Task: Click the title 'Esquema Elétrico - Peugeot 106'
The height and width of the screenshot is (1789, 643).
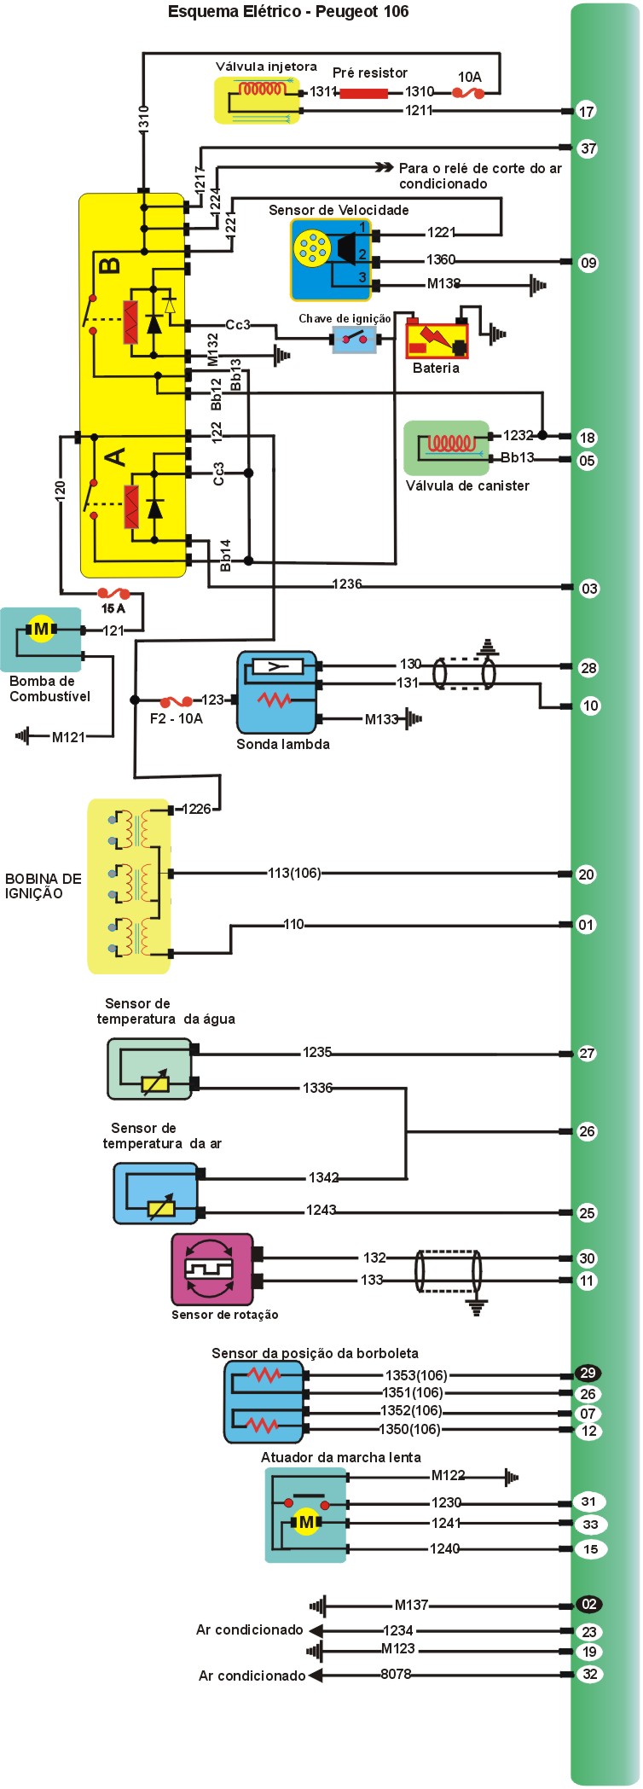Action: pyautogui.click(x=288, y=12)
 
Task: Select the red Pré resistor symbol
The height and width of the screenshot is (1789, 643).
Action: pyautogui.click(x=363, y=92)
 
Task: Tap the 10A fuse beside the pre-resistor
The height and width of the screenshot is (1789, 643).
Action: pyautogui.click(x=467, y=92)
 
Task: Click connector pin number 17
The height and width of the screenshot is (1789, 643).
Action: pyautogui.click(x=587, y=111)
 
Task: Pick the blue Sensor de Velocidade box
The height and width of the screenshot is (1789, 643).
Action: pyautogui.click(x=330, y=260)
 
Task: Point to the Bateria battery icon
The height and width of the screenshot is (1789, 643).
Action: pyautogui.click(x=437, y=339)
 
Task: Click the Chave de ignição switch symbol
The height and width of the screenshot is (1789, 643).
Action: pyautogui.click(x=354, y=340)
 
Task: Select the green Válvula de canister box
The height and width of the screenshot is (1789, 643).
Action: pyautogui.click(x=447, y=448)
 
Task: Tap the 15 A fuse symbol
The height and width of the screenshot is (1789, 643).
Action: pyautogui.click(x=113, y=593)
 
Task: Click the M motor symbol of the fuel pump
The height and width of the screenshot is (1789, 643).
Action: pyautogui.click(x=41, y=630)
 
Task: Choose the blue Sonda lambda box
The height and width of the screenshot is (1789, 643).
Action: pyautogui.click(x=277, y=692)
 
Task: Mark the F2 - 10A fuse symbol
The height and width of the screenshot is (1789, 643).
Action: pyautogui.click(x=177, y=701)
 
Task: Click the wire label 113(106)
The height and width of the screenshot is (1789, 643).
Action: pyautogui.click(x=294, y=873)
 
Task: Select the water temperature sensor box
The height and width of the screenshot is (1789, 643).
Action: pyautogui.click(x=150, y=1069)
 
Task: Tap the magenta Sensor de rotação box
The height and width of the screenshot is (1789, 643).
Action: pyautogui.click(x=212, y=1269)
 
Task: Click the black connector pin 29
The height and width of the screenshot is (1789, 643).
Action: pyautogui.click(x=588, y=1373)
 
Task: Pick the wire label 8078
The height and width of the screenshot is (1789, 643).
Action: pyautogui.click(x=396, y=1674)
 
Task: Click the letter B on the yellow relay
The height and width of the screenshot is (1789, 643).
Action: pyautogui.click(x=109, y=266)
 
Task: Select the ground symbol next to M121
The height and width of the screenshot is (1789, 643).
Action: pyautogui.click(x=22, y=736)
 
